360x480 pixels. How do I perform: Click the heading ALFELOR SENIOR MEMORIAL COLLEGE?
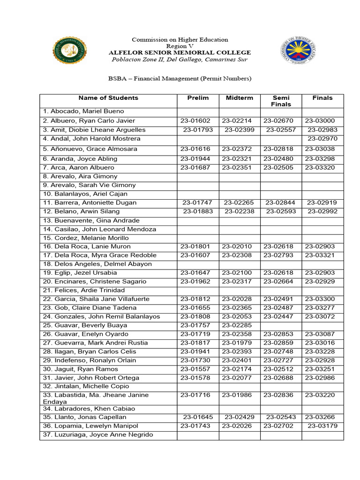click(x=180, y=52)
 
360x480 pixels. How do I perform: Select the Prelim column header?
click(x=198, y=98)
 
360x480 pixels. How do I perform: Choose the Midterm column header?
click(x=240, y=98)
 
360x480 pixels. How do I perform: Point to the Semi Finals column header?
click(x=281, y=101)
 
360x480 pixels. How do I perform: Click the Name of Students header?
click(x=108, y=98)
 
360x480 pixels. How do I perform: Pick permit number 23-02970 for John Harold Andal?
click(x=322, y=139)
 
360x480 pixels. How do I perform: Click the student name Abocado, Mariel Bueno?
click(x=83, y=112)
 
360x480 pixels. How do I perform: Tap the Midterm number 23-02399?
click(x=240, y=130)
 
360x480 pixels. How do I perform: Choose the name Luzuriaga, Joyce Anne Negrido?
click(x=98, y=435)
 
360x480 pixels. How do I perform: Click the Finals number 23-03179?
click(x=322, y=426)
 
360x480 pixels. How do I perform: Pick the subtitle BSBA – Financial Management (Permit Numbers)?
click(x=180, y=78)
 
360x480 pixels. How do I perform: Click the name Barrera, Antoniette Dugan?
click(x=90, y=203)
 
